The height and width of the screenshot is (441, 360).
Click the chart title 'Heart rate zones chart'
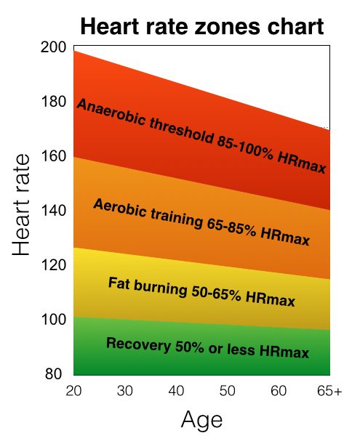201,27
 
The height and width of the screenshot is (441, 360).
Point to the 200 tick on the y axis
55,48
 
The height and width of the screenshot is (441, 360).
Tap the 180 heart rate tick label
55,102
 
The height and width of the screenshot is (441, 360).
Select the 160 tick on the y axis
55,157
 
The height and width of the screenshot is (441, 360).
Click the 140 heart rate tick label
55,211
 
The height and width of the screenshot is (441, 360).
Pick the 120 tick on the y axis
55,266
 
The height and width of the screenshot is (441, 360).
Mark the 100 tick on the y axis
55,320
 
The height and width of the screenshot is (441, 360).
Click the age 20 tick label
73,392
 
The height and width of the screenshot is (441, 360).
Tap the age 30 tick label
124,392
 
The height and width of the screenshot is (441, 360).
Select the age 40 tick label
176,392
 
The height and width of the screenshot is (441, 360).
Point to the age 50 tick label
227,392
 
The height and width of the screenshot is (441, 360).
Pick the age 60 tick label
278,392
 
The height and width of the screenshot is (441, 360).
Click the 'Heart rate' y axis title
25,203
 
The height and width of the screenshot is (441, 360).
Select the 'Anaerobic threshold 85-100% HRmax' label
201,137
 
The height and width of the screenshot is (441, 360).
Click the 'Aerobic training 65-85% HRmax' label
201,222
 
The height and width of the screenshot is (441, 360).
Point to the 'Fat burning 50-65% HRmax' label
201,290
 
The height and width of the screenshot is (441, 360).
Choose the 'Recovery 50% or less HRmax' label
207,347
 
